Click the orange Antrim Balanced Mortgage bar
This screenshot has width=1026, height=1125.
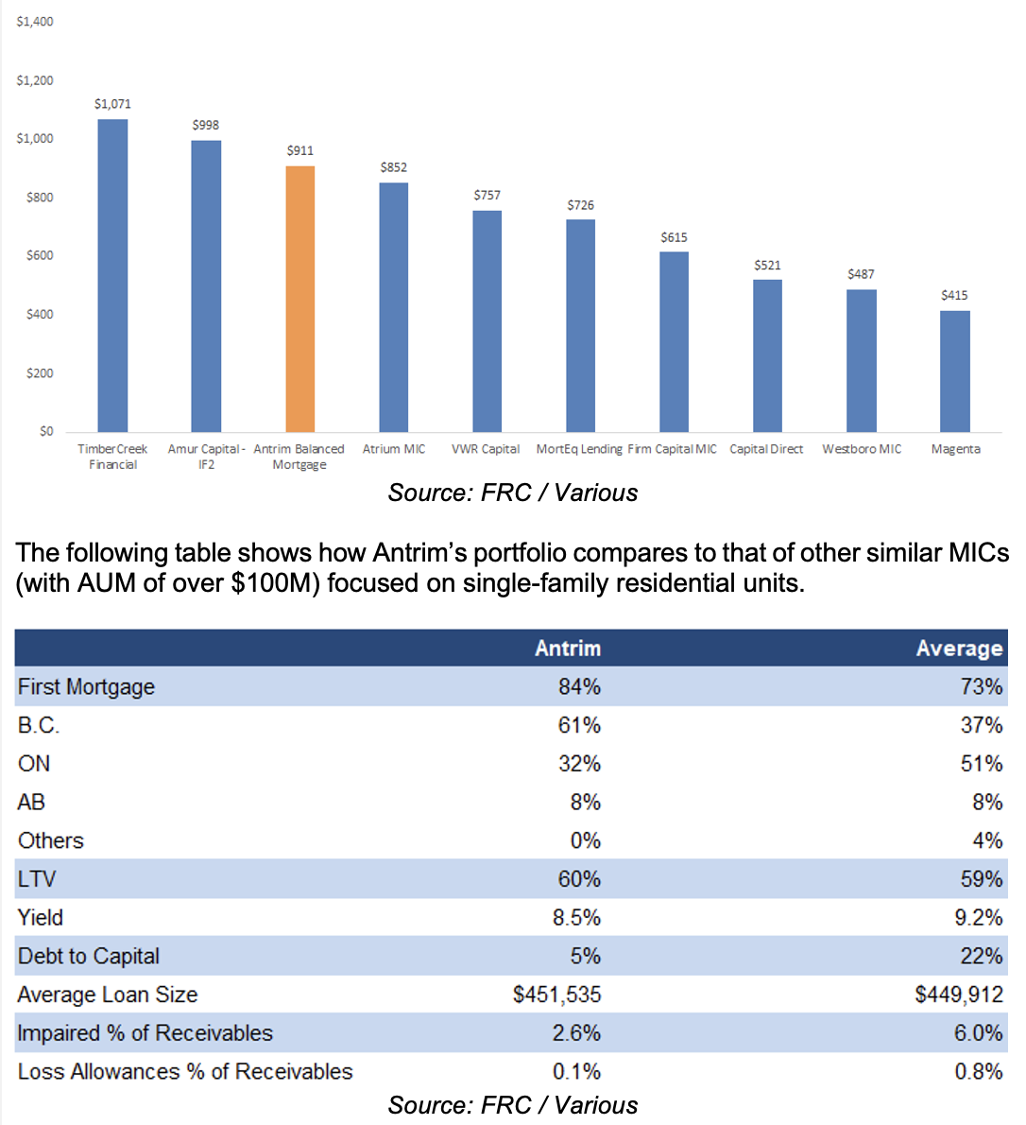point(299,299)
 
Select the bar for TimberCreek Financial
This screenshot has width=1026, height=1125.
point(112,275)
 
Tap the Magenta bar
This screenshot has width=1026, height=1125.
point(954,371)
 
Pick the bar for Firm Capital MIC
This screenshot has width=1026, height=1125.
point(674,341)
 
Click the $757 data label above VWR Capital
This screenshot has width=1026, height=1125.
point(487,196)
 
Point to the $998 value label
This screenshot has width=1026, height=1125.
point(206,125)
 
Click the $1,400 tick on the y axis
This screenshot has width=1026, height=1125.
point(35,22)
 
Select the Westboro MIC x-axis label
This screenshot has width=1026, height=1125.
point(862,449)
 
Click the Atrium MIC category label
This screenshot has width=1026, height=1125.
point(394,449)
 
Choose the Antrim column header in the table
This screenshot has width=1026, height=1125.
point(567,648)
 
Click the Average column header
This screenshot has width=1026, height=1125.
point(958,648)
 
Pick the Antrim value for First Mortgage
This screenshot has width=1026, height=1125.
point(579,686)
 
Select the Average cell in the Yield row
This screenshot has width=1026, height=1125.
point(980,917)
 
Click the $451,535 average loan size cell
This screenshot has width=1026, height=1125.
point(556,995)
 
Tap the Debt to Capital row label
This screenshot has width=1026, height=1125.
point(89,956)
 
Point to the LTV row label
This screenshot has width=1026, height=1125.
point(37,879)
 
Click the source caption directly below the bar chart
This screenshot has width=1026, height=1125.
point(512,493)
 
